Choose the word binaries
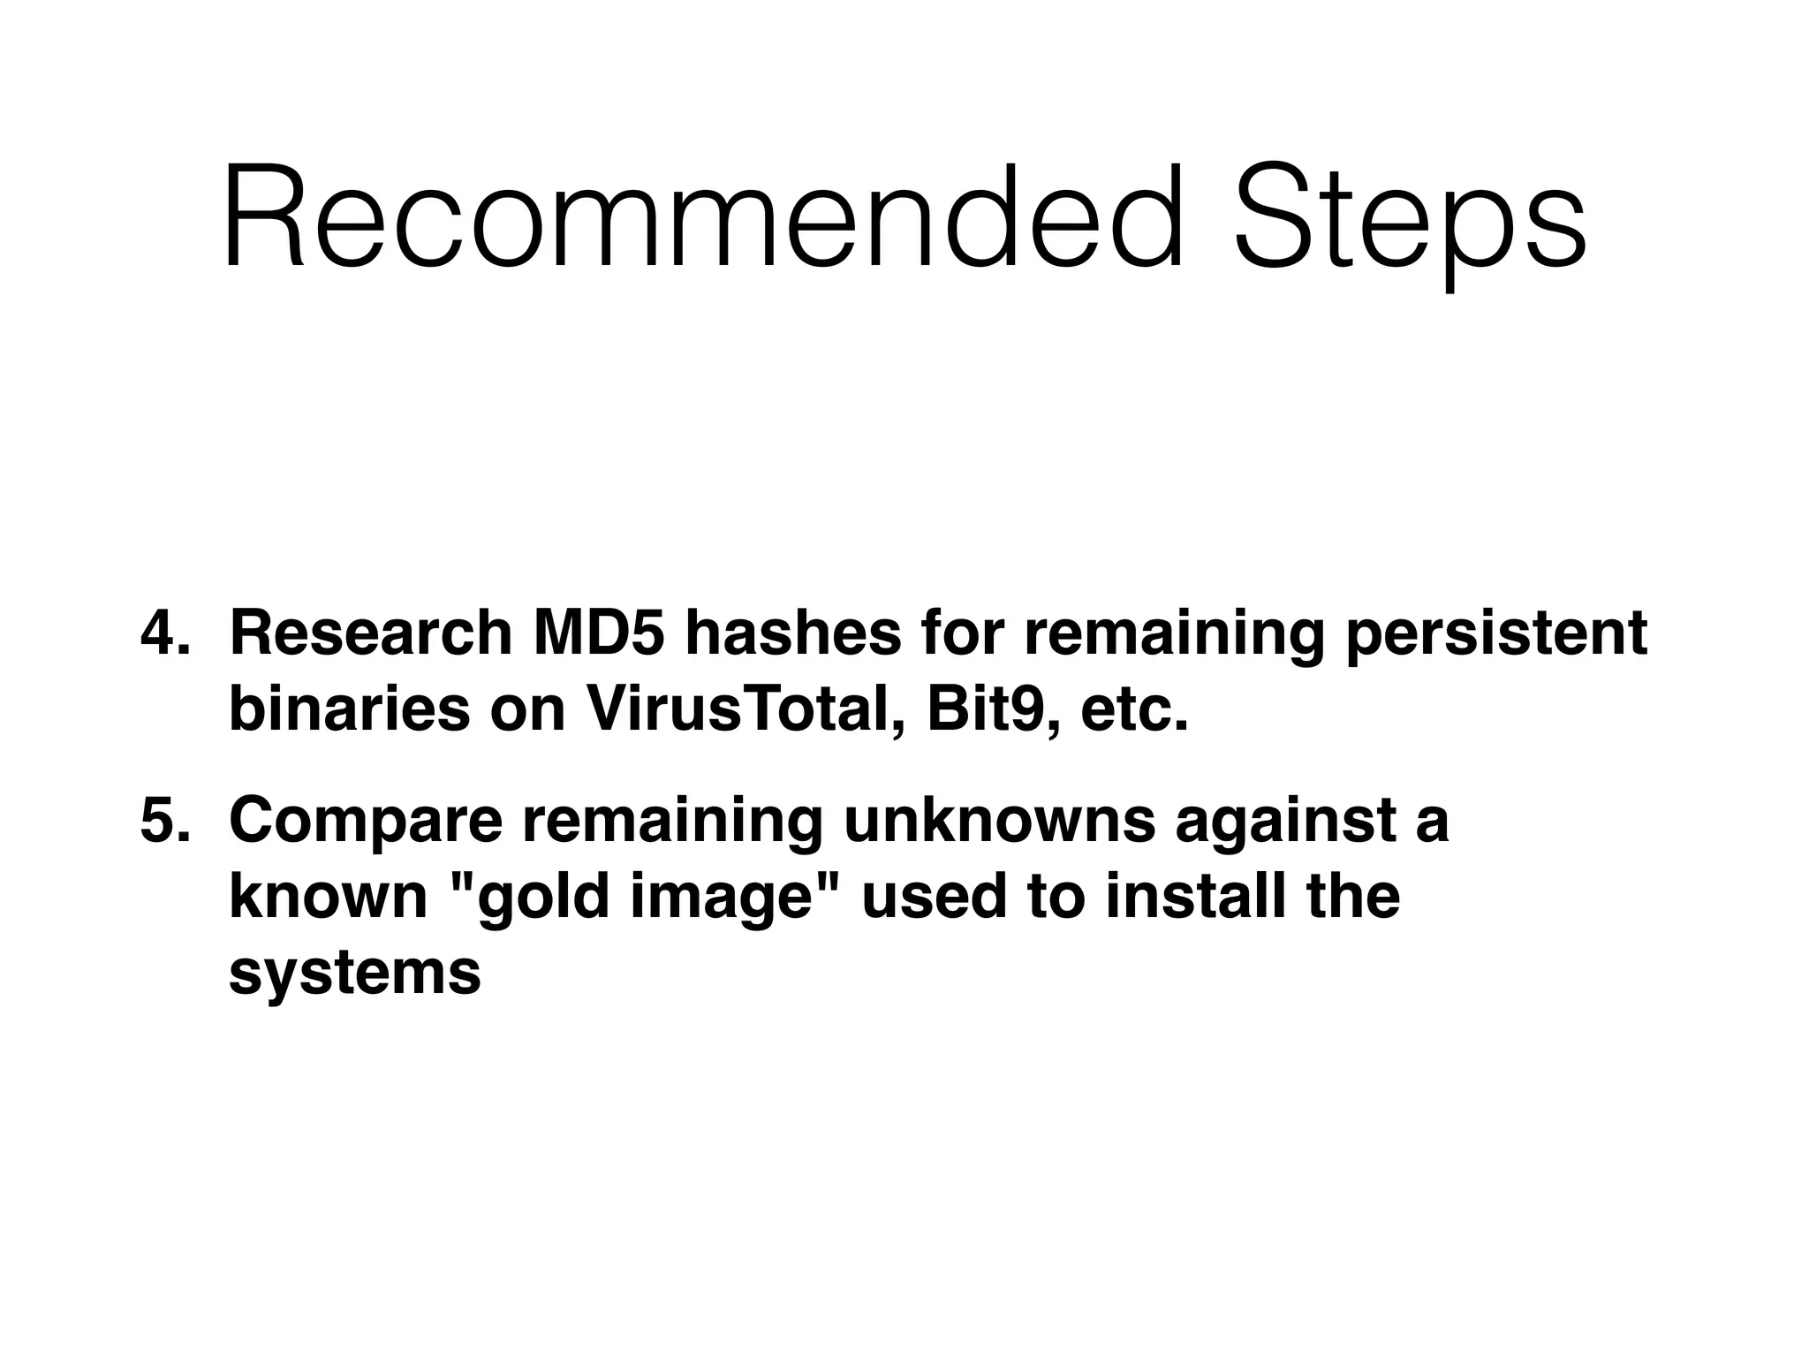point(349,709)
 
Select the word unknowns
point(999,820)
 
